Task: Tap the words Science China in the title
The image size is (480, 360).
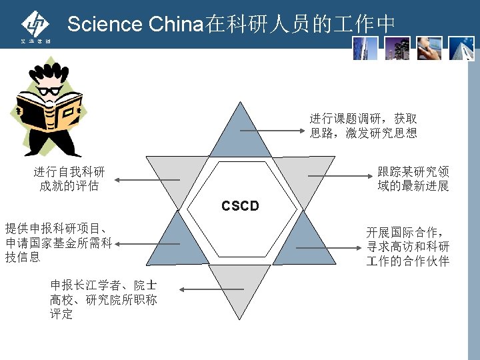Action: [x=134, y=25]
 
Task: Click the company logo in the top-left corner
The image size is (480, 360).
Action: [x=35, y=27]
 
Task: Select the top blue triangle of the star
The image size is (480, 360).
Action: [x=240, y=133]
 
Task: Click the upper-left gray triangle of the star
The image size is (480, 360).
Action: [x=175, y=175]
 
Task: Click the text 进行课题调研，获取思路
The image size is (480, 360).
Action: [x=363, y=125]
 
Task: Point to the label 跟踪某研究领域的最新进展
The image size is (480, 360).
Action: [x=413, y=179]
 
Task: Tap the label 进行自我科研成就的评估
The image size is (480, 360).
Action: [x=69, y=179]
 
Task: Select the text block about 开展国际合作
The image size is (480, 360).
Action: [x=407, y=247]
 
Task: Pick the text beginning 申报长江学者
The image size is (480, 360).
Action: [x=103, y=299]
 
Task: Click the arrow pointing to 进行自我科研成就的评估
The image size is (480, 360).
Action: [x=147, y=179]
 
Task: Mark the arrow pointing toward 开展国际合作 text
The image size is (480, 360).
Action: [x=327, y=247]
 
